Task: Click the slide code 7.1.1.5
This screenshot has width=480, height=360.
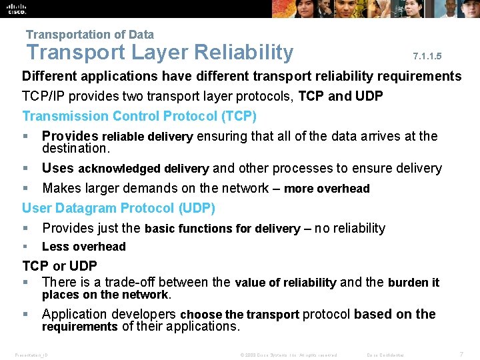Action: pyautogui.click(x=427, y=57)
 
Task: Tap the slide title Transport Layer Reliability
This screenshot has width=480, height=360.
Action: pyautogui.click(x=159, y=53)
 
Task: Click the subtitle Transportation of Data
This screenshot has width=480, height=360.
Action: pyautogui.click(x=90, y=35)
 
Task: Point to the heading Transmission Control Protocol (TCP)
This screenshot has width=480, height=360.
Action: pyautogui.click(x=139, y=116)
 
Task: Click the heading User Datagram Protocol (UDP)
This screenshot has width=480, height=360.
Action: pyautogui.click(x=119, y=209)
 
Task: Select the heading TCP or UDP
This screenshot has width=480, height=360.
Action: pyautogui.click(x=60, y=266)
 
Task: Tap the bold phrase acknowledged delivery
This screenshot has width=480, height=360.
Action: pyautogui.click(x=143, y=169)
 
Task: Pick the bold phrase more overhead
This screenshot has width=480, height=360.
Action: pyautogui.click(x=327, y=189)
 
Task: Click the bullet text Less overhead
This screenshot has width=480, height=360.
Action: pyautogui.click(x=84, y=247)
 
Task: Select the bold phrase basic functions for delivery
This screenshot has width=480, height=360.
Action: pyautogui.click(x=222, y=229)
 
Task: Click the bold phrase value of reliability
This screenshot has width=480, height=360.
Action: pyautogui.click(x=285, y=283)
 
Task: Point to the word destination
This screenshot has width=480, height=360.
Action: pyautogui.click(x=75, y=149)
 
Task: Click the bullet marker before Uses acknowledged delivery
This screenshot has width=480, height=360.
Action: pyautogui.click(x=26, y=169)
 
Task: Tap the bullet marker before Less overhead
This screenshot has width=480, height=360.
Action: pyautogui.click(x=26, y=247)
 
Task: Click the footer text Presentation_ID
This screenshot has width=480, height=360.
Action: pyautogui.click(x=31, y=355)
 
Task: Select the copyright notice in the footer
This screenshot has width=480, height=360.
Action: pyautogui.click(x=288, y=355)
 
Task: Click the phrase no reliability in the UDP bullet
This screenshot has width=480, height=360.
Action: pyautogui.click(x=350, y=229)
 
